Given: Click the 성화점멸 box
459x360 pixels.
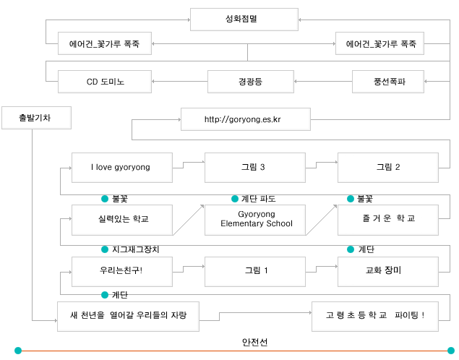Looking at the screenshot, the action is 244,20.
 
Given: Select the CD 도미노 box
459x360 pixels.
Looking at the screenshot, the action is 105,82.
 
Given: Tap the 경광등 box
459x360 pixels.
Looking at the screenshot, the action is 251,82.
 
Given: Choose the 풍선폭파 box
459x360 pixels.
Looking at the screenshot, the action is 388,82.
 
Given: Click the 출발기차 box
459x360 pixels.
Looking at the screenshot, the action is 36,118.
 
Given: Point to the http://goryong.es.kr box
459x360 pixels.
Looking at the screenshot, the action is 246,119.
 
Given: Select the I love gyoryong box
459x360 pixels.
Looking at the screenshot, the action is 122,168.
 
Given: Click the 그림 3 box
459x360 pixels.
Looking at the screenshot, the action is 255,168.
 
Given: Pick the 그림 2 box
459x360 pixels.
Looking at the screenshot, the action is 388,168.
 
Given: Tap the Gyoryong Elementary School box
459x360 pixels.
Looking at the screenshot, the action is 255,220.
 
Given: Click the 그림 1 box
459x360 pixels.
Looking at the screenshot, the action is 255,272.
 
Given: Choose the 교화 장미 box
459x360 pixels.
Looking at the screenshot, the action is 388,272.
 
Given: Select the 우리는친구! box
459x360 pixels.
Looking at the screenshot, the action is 122,272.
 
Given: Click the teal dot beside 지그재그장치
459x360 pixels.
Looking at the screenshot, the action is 105,249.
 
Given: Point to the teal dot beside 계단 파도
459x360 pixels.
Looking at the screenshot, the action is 235,199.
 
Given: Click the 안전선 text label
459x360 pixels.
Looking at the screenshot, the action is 254,342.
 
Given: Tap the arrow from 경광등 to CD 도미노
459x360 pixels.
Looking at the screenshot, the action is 179,82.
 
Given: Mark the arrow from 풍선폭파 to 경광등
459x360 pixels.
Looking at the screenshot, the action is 323,82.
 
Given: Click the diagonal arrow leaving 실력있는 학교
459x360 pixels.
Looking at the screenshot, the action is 188,220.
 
